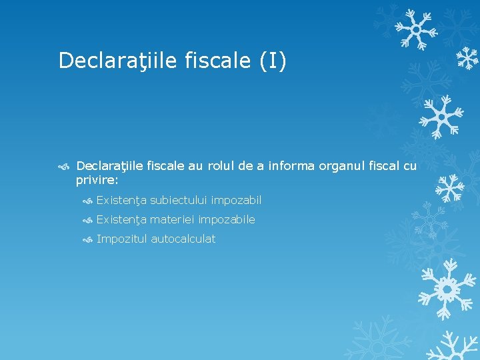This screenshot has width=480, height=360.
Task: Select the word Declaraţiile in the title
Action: pos(117,61)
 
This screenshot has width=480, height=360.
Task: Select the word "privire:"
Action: pos(97,179)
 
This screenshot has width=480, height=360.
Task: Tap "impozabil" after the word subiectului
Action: pos(237,200)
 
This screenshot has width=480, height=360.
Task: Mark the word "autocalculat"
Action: pos(183,239)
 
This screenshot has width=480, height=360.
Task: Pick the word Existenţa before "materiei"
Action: pos(121,219)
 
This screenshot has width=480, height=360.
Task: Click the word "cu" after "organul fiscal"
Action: pos(410,166)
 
